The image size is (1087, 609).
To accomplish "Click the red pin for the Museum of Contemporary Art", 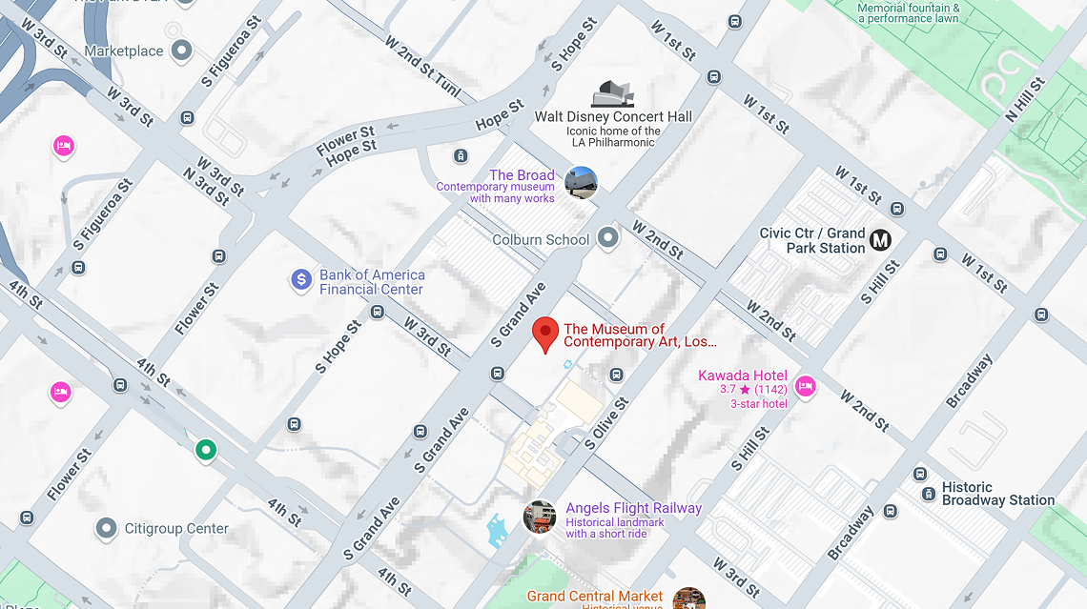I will [544, 335].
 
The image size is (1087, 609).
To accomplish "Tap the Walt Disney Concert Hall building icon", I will [612, 93].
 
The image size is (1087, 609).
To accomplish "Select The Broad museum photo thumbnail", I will [580, 182].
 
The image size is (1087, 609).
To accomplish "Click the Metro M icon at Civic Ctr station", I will [880, 240].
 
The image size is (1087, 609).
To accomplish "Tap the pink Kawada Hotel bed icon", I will [805, 386].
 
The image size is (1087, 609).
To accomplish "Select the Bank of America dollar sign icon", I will [301, 280].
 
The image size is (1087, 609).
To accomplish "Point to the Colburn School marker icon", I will [607, 239].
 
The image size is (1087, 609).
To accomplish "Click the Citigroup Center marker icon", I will [107, 527].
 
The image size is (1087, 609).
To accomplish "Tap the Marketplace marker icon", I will [181, 51].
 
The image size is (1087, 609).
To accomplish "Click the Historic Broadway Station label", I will [997, 494].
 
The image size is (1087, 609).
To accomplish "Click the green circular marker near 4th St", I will [204, 450].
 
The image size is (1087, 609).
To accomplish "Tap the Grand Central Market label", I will [594, 597].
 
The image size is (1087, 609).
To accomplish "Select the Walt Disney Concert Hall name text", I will [613, 116].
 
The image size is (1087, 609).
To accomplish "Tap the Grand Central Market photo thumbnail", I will [688, 599].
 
